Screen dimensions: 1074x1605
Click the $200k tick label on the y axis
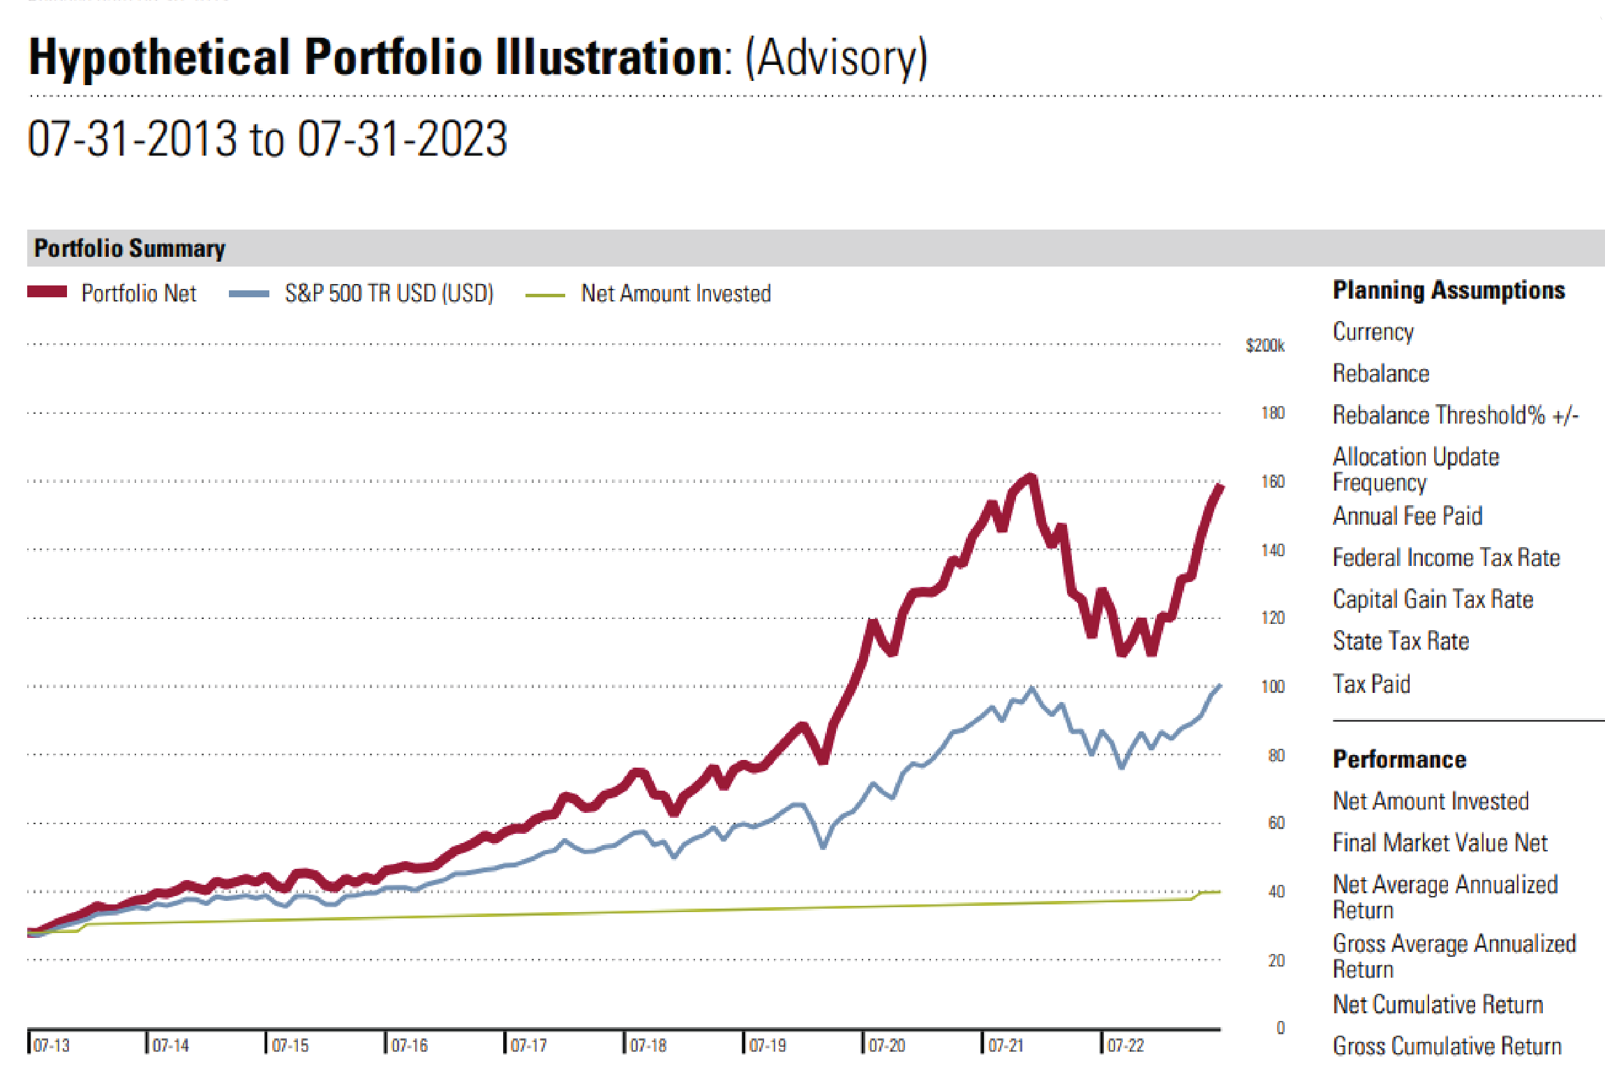tap(1264, 345)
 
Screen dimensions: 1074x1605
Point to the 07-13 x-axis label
tap(52, 1045)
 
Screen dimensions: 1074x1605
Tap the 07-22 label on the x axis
tap(1126, 1045)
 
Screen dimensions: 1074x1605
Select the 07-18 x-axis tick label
tap(648, 1045)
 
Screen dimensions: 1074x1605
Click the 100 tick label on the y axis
tap(1273, 687)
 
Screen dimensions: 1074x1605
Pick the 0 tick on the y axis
tap(1281, 1028)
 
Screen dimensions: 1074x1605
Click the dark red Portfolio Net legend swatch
tap(47, 292)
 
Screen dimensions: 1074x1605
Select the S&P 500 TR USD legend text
tap(389, 293)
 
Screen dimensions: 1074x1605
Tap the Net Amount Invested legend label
tap(675, 293)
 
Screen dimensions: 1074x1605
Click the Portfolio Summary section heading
tap(130, 248)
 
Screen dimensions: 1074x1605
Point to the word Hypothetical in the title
tap(159, 57)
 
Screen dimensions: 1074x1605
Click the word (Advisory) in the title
tap(836, 57)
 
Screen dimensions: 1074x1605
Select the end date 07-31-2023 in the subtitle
tap(403, 138)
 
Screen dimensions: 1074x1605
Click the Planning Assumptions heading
tap(1449, 290)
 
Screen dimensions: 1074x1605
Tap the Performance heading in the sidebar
tap(1399, 759)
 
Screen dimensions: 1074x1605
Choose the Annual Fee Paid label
tap(1408, 516)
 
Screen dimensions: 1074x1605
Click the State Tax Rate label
tap(1401, 641)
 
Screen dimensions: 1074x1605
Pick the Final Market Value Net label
tap(1440, 842)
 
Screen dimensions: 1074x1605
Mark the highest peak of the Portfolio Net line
tap(1031, 477)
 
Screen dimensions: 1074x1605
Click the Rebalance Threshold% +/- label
tap(1455, 415)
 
